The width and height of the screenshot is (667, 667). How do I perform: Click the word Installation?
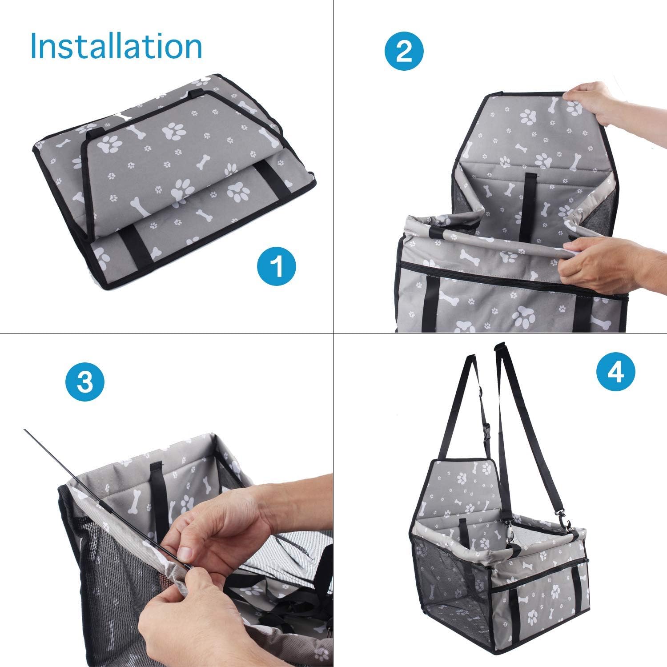click(x=116, y=46)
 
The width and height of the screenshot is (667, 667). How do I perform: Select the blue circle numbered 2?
click(x=404, y=52)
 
